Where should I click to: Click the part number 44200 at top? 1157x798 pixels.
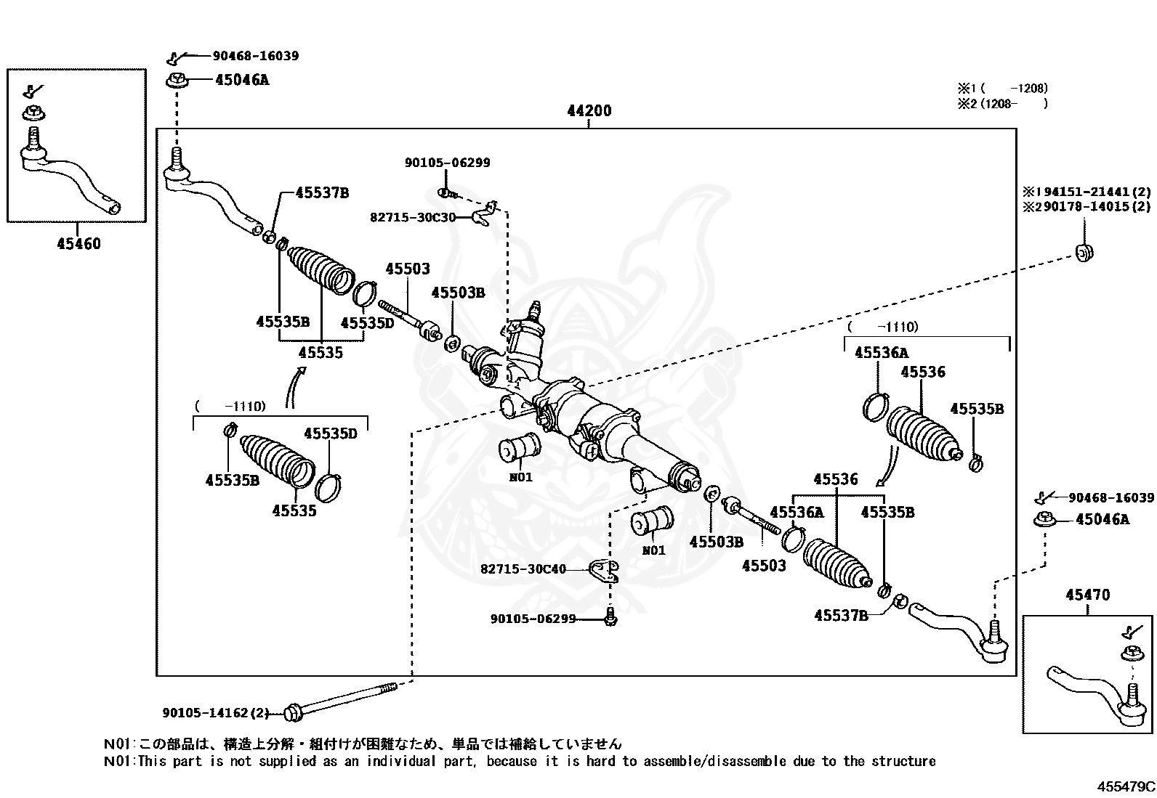tap(589, 111)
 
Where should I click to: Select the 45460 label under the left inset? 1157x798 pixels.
tap(78, 244)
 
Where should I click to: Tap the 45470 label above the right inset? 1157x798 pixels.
tap(1087, 595)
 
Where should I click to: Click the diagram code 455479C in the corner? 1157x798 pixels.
tap(1126, 786)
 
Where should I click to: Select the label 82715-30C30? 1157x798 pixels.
tap(413, 217)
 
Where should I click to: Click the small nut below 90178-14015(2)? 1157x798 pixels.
tap(1084, 253)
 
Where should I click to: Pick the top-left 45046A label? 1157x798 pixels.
tap(241, 81)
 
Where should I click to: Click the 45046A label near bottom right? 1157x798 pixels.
tap(1102, 520)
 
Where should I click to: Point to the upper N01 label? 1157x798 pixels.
tap(520, 478)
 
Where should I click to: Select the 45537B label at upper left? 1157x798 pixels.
tap(321, 193)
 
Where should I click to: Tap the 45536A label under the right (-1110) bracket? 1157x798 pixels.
tap(881, 354)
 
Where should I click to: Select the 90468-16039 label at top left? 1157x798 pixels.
tap(255, 56)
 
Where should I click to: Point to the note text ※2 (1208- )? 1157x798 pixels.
tap(1002, 104)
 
